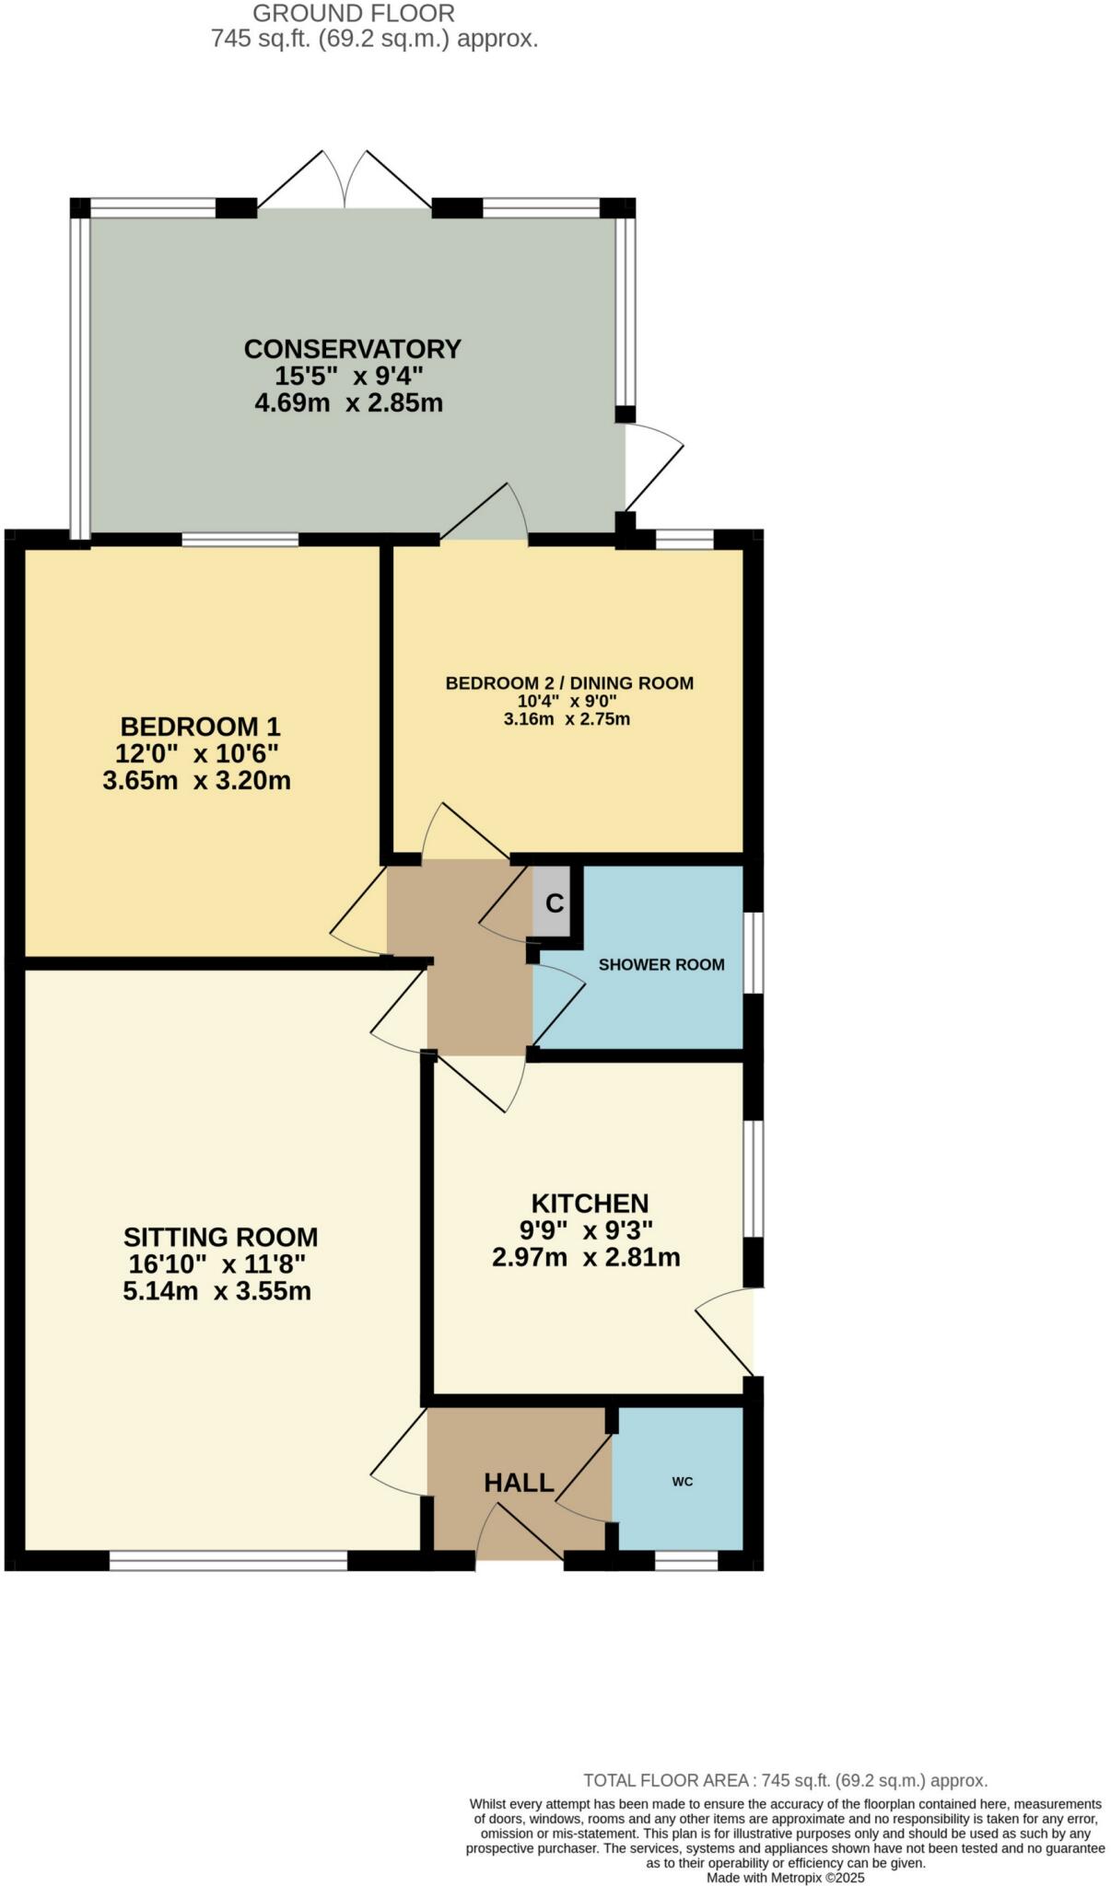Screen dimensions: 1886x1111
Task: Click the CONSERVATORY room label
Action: (352, 349)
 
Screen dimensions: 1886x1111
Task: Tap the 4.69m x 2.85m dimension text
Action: (349, 403)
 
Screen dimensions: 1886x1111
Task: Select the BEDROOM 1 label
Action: (200, 727)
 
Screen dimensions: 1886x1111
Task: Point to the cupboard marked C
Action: (554, 903)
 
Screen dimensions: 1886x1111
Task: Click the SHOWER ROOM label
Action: (661, 965)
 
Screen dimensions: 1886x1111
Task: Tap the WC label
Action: (682, 1482)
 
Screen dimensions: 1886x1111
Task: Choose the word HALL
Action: (519, 1483)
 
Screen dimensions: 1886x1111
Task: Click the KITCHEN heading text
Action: (590, 1204)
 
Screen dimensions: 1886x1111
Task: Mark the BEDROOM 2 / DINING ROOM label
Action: (569, 683)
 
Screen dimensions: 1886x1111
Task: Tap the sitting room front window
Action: (228, 1560)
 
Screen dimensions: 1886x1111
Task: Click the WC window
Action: (685, 1560)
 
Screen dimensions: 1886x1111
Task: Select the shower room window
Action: (753, 952)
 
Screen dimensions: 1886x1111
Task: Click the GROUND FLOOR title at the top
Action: (354, 14)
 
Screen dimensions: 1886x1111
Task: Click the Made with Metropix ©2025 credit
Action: (785, 1878)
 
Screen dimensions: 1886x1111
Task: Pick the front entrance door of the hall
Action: (520, 1533)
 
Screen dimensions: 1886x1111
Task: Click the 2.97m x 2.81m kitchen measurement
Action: (586, 1258)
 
